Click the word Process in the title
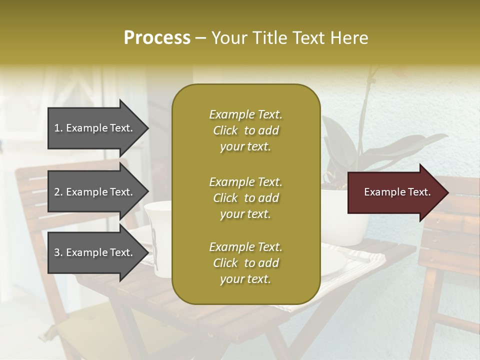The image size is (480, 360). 157,38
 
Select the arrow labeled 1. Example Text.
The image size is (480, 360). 95,128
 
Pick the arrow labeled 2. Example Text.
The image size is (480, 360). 95,192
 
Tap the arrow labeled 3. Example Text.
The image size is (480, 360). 95,252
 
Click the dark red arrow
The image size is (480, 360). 395,192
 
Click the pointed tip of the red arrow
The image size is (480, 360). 447,192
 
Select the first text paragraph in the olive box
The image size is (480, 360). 245,130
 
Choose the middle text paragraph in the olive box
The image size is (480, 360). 245,198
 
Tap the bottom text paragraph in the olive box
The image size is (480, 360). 245,263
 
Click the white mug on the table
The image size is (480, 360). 159,237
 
